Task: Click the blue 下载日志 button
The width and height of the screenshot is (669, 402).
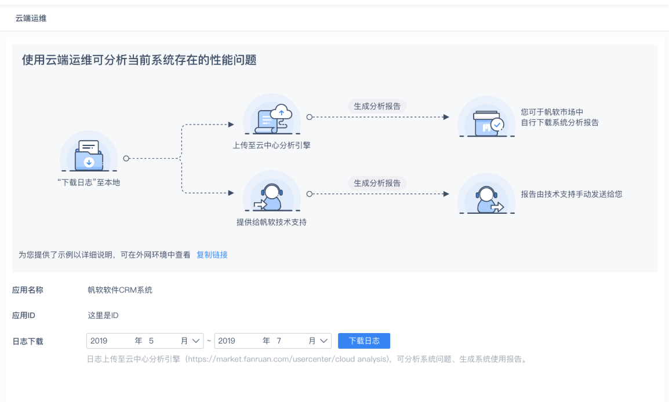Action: [x=364, y=341]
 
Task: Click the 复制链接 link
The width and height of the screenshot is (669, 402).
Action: [x=212, y=254]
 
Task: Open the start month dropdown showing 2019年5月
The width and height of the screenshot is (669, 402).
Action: [x=145, y=341]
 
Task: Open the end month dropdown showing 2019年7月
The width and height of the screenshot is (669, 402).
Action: [x=272, y=341]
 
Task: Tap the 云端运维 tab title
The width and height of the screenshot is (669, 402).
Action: [x=31, y=19]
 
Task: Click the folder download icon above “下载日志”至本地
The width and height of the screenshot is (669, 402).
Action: [x=89, y=153]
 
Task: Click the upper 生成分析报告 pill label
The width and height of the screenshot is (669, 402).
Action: [x=377, y=106]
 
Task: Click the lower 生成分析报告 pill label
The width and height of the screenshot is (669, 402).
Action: [x=377, y=182]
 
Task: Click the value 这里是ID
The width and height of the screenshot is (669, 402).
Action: [x=103, y=315]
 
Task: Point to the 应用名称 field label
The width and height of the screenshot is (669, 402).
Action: [x=28, y=290]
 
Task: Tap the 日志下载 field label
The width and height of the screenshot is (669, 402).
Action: [x=28, y=341]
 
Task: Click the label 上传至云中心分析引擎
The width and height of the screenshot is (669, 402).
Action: [x=271, y=145]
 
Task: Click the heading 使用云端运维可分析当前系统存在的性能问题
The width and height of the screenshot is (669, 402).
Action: [x=139, y=60]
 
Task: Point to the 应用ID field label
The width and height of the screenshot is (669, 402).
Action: [x=24, y=315]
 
